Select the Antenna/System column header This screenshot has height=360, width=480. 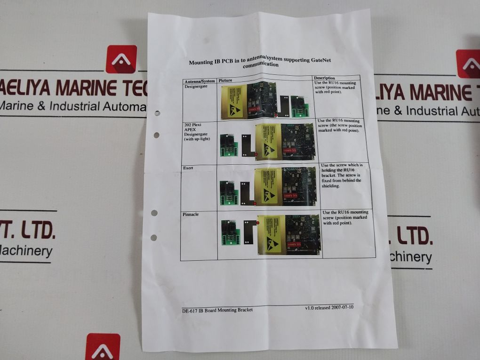coord(200,81)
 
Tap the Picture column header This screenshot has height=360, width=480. coord(226,80)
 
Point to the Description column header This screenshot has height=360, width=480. coord(324,78)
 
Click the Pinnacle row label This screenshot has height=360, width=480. coord(191,214)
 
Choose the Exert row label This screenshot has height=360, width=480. coord(188,168)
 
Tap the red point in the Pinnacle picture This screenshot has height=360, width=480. coord(257,222)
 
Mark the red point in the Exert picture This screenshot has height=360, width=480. coord(255,204)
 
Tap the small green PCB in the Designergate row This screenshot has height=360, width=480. coord(298,107)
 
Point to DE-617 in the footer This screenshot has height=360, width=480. coord(190,310)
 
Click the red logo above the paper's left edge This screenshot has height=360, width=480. coord(121,59)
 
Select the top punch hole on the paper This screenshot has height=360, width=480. coord(157,113)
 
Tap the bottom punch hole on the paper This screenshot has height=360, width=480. coord(153,237)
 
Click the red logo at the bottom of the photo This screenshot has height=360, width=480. coord(103,347)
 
